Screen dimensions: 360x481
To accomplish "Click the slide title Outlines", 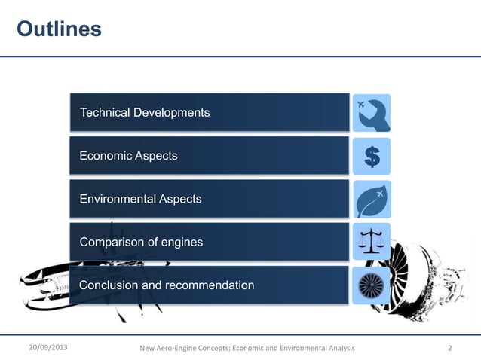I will [x=59, y=29].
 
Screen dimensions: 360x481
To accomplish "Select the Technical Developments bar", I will [x=210, y=113].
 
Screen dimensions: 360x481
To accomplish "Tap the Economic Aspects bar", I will [x=210, y=156].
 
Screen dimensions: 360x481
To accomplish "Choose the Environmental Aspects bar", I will [x=210, y=199].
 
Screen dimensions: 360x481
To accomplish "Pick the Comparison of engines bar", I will [x=210, y=243].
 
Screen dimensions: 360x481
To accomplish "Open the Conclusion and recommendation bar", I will [x=210, y=285].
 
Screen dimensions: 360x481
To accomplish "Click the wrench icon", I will [x=372, y=113].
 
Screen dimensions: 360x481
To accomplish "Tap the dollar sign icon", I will [x=372, y=157].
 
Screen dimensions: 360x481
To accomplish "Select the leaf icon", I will [x=372, y=200].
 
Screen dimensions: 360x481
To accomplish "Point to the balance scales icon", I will [x=372, y=242].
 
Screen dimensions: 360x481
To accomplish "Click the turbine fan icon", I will [x=372, y=285].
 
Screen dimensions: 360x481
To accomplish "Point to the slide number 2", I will [x=450, y=348].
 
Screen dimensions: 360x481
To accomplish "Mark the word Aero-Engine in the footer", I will [x=181, y=348].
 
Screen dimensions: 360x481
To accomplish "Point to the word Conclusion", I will [x=109, y=285].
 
